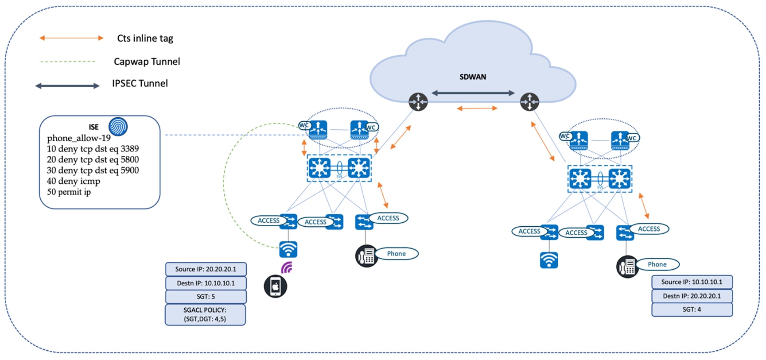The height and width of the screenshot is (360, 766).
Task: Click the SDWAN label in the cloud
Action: (473, 77)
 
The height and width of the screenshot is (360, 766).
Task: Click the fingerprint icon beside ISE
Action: (118, 127)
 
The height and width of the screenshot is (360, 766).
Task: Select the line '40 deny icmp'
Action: (74, 181)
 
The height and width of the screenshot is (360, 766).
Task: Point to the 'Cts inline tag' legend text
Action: (145, 39)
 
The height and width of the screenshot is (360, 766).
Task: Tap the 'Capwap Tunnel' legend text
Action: (147, 62)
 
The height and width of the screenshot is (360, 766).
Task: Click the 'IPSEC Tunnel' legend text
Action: (140, 83)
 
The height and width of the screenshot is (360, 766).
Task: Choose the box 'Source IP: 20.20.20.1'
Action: (206, 269)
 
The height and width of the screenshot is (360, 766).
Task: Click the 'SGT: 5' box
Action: (206, 297)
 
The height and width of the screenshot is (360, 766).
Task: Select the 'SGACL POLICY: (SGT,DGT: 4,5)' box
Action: (205, 314)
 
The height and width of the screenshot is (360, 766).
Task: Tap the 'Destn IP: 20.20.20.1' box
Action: (692, 296)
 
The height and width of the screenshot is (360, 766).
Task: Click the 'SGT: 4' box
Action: (692, 310)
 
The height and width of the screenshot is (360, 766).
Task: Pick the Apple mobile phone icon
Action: (275, 286)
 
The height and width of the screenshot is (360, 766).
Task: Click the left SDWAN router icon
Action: (418, 102)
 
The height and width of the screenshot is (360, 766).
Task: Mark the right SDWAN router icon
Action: (529, 102)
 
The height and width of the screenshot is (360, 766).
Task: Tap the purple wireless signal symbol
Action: (287, 267)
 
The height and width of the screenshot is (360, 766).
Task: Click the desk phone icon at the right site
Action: (627, 267)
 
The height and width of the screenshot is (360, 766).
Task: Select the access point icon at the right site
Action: (548, 260)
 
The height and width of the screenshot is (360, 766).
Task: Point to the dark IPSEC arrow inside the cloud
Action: (473, 93)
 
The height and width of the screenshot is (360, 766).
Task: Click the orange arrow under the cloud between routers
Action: (477, 108)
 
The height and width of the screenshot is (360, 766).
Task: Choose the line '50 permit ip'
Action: (69, 192)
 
